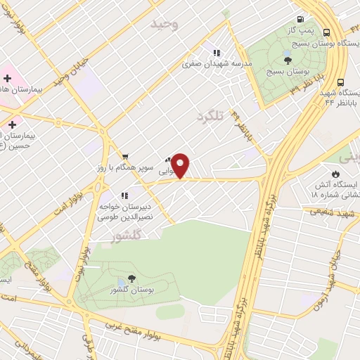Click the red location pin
coord(181,165)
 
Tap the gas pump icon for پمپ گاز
coord(301,20)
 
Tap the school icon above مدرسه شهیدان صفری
coord(217,52)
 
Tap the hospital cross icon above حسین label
coord(11,124)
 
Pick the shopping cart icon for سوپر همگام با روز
coord(124,157)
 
